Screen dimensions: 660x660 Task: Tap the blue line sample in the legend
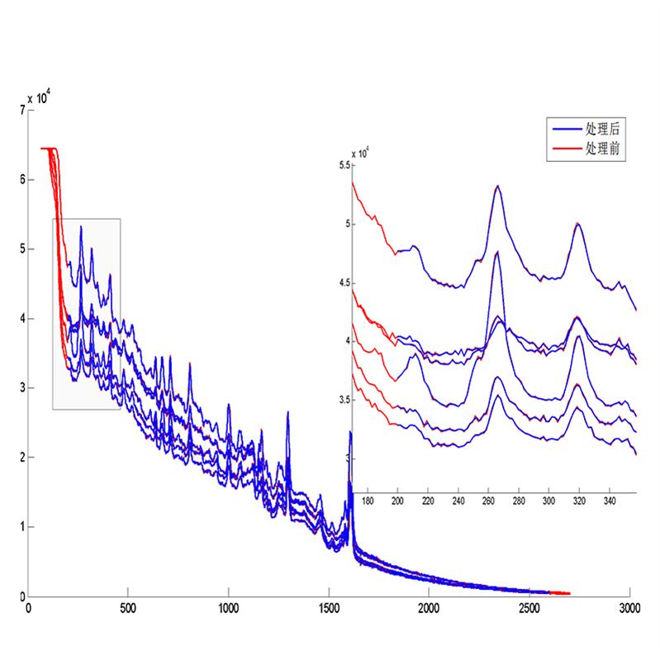(566, 131)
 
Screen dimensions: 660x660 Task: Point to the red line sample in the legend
(566, 150)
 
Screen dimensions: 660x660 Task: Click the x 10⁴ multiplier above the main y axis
(38, 98)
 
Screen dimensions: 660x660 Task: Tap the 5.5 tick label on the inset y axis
(344, 165)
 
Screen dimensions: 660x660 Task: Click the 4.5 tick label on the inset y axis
(344, 283)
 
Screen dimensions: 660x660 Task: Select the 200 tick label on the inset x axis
(398, 501)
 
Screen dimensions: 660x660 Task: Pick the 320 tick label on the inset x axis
(580, 501)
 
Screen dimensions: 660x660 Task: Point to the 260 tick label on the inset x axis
(489, 501)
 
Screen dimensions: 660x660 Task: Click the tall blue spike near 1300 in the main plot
(288, 412)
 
